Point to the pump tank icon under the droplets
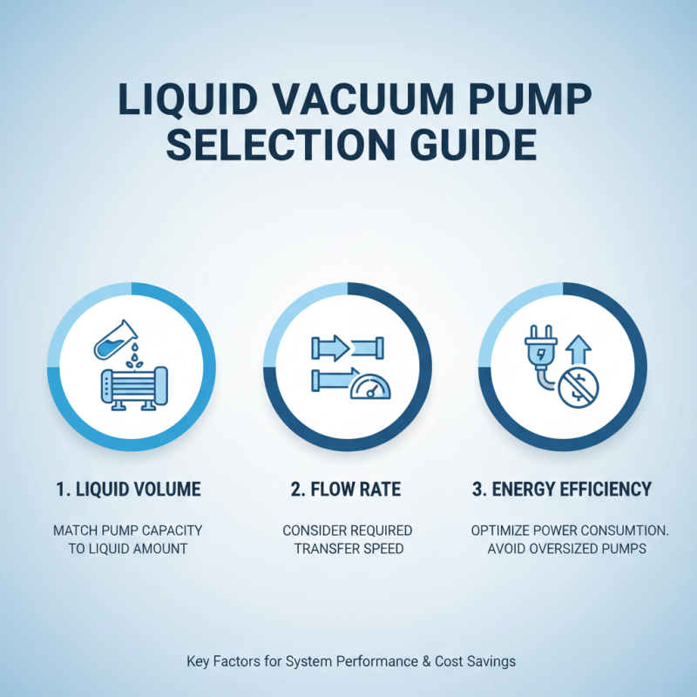tap(131, 390)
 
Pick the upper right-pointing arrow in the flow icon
tap(331, 348)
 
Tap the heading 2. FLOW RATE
tap(348, 490)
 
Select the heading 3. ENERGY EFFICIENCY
tap(562, 490)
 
